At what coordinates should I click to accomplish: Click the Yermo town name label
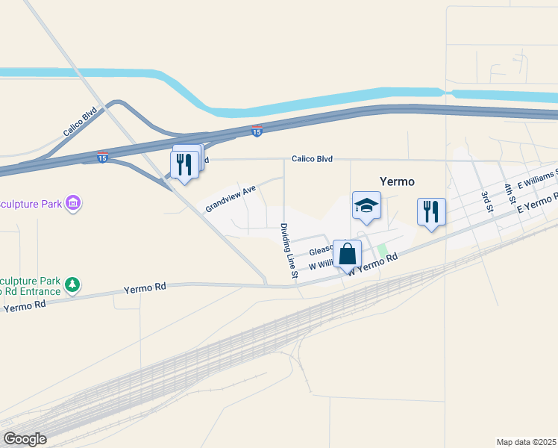397,181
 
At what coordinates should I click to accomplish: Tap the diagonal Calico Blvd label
80,121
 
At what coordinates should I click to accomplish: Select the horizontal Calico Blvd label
311,159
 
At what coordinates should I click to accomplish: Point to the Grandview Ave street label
231,199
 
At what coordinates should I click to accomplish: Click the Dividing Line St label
289,252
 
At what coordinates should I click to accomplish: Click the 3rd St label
487,199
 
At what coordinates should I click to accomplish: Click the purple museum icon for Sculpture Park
73,203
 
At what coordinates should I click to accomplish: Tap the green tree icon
72,284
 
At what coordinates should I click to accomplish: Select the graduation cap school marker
366,207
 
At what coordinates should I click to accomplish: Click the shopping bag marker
347,254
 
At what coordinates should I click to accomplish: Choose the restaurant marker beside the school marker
431,212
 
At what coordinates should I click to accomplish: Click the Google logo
25,439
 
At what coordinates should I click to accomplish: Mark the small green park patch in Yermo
382,251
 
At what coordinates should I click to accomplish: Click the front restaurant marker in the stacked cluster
184,165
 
